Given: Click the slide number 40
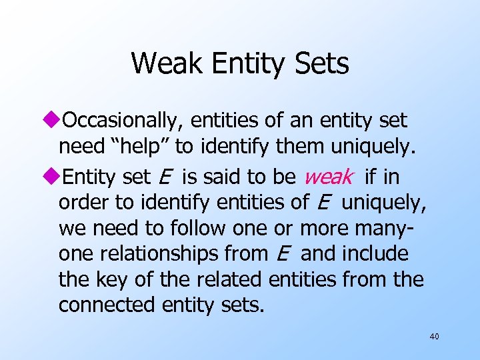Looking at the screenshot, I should pyautogui.click(x=434, y=337).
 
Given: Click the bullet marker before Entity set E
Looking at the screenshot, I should pyautogui.click(x=54, y=177).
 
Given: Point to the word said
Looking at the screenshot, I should pyautogui.click(x=219, y=177).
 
